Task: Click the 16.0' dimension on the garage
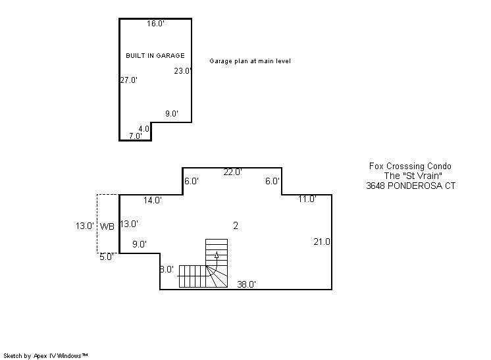155,24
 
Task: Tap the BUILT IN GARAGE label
155,56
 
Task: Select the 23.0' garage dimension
183,71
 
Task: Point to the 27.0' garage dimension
129,80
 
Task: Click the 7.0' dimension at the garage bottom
136,136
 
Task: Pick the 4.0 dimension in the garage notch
144,128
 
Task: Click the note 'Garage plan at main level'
250,61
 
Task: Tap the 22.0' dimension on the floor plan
232,172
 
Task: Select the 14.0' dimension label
153,200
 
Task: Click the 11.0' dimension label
307,199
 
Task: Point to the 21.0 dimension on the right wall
322,242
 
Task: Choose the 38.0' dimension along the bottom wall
246,284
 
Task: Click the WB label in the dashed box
107,226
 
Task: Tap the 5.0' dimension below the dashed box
107,257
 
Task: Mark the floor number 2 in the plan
236,225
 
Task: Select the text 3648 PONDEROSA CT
411,186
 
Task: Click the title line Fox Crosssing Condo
410,167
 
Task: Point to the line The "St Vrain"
413,176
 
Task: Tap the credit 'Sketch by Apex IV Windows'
45,356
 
